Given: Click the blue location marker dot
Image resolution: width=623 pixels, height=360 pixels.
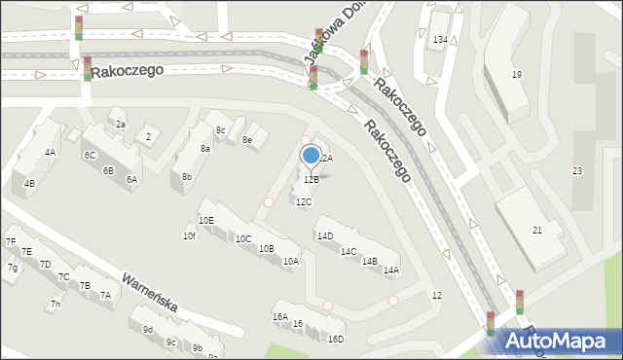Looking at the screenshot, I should coord(311,155).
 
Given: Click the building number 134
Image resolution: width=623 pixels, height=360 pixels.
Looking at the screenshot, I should coord(440,39).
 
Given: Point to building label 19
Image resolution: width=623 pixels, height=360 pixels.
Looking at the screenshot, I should coord(517,75).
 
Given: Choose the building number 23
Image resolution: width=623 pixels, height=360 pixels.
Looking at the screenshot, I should coord(576,171).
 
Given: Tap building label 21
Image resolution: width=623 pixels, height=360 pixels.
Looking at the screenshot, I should coord(536,230).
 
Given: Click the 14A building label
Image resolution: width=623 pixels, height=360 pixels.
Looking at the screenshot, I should coord(391,270).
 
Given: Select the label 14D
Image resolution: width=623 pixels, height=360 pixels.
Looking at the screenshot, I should coord(324,235).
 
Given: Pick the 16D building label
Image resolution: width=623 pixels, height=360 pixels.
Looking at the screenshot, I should coord(336,340).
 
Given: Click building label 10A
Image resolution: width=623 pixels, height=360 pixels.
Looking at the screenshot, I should coord(290,262).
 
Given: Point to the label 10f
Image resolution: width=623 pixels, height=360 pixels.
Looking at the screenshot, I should coord(189,236).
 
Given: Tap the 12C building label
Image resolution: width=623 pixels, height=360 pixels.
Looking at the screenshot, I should coord(304,202).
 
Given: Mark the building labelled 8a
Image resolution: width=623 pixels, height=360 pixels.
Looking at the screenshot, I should coord(205,149).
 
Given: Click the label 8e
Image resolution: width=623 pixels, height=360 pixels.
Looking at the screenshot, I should coord(247,140).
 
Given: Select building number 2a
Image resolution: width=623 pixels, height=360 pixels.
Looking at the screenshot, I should coord(121,125).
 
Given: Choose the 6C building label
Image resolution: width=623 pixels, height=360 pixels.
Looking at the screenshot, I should coord(90,156).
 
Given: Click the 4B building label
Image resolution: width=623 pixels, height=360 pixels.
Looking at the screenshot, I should coord(29,184).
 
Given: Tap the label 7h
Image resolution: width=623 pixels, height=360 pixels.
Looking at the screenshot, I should coord(55,305).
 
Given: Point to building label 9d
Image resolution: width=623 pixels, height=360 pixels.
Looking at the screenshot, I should coord(148,330).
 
